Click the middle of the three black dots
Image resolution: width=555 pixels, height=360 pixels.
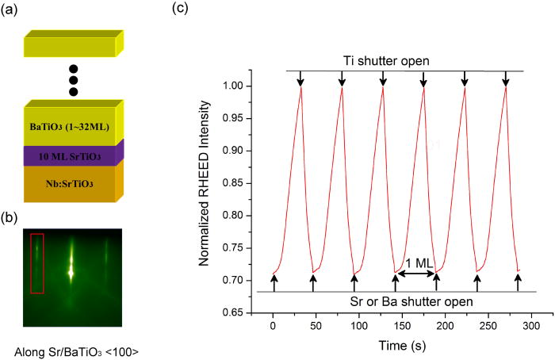73,80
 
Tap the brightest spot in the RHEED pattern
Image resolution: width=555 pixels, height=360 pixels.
71,272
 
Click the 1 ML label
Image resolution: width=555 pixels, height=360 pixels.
415,262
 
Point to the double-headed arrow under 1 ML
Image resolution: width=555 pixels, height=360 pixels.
415,274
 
